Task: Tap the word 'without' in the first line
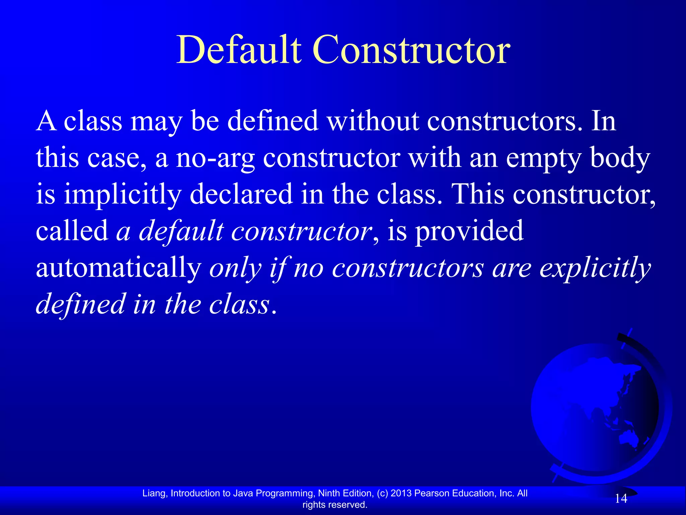pyautogui.click(x=373, y=121)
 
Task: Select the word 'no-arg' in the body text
pyautogui.click(x=215, y=159)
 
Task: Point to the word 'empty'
pyautogui.click(x=543, y=159)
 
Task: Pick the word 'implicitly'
pyautogui.click(x=123, y=195)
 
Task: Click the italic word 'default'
pyautogui.click(x=181, y=231)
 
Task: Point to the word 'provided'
pyautogui.click(x=469, y=231)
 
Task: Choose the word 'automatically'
pyautogui.click(x=118, y=268)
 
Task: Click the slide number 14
pyautogui.click(x=621, y=499)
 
